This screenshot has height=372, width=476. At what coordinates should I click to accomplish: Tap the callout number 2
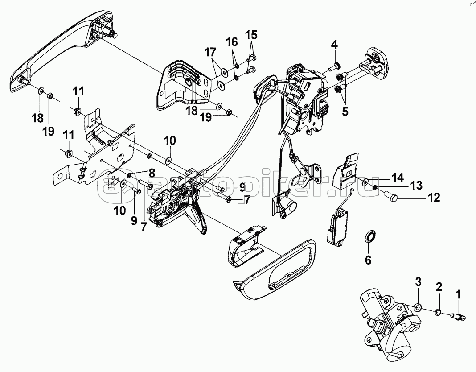click(x=439, y=288)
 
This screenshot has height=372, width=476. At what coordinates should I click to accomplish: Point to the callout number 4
click(x=334, y=45)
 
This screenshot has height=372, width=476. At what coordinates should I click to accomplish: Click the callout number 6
click(x=368, y=260)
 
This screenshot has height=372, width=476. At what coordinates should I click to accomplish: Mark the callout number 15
click(x=251, y=34)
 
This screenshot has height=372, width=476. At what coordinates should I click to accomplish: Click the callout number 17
click(x=209, y=53)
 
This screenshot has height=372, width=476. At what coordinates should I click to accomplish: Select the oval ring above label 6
click(x=369, y=236)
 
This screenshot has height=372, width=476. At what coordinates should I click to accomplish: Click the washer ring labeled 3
click(x=418, y=307)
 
